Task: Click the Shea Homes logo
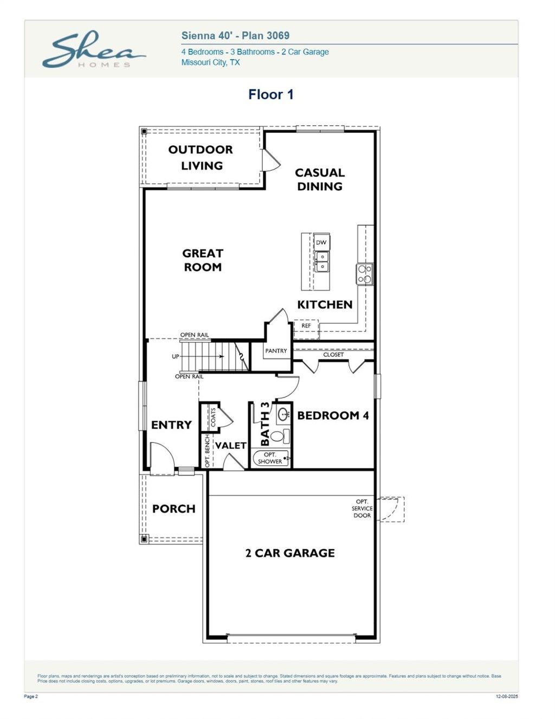pos(93,50)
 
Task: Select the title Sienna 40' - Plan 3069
pos(235,36)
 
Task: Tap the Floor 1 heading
pos(270,94)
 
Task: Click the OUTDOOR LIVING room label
pos(201,157)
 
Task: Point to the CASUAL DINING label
pos(319,179)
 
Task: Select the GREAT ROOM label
pos(203,260)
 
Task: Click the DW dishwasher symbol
pos(321,242)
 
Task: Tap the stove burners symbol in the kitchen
pos(365,274)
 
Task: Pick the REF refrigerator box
pos(306,326)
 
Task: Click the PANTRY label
pos(276,351)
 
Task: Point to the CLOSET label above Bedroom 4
pos(333,355)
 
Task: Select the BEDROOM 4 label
pos(333,415)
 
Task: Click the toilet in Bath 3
pos(279,435)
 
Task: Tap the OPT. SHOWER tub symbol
pos(270,458)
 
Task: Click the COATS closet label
pos(213,417)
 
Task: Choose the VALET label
pos(231,445)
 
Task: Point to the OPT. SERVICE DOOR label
pos(362,508)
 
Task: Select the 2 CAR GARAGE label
pos(290,553)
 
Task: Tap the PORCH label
pos(173,509)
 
